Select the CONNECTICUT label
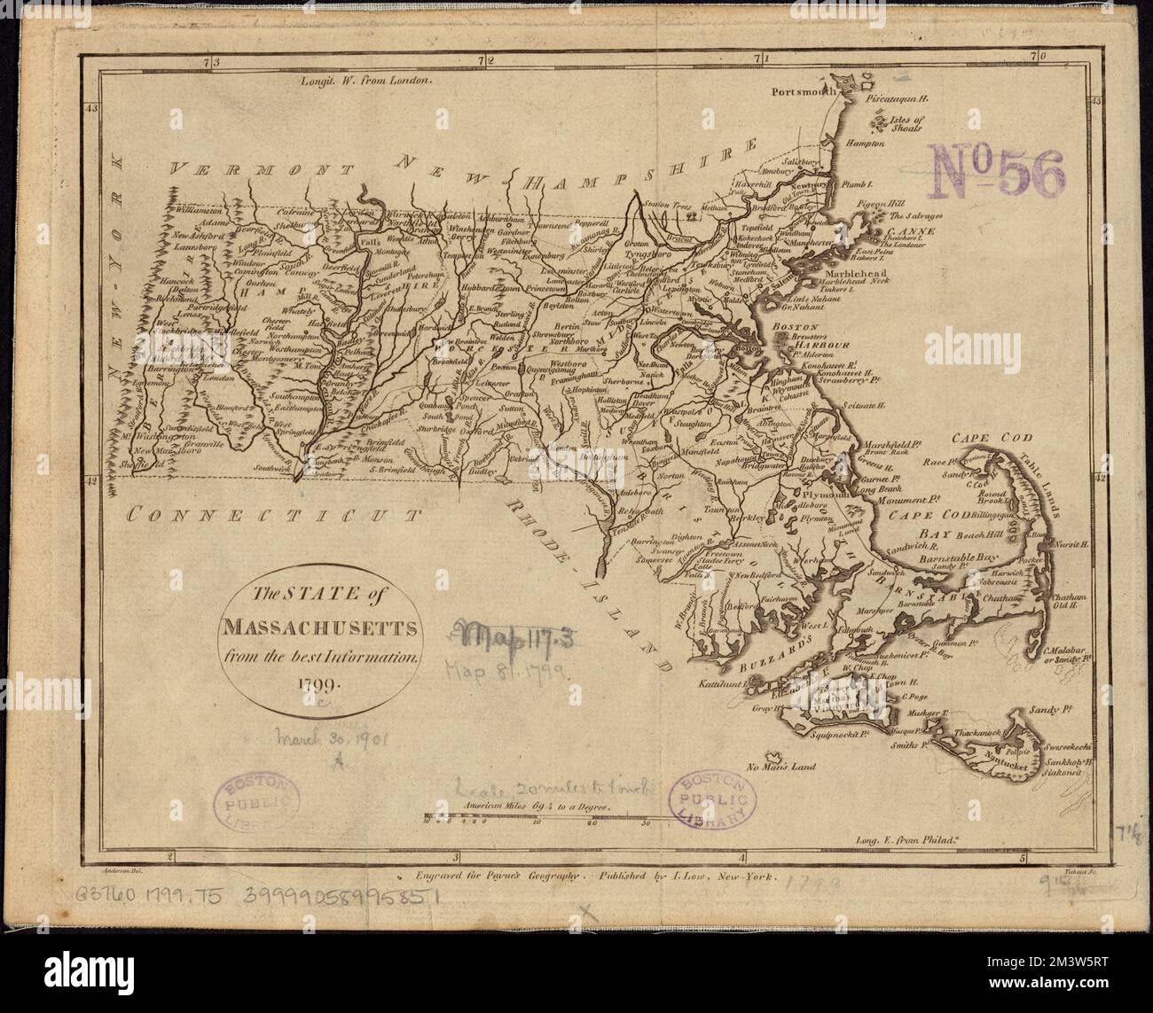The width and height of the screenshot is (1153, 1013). [x=271, y=512]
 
